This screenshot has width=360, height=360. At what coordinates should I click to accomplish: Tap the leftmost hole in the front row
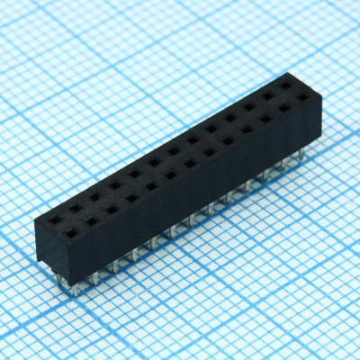click(70, 232)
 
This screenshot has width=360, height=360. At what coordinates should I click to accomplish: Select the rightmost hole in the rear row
click(285, 85)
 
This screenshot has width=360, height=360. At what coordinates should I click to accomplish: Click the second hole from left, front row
click(91, 220)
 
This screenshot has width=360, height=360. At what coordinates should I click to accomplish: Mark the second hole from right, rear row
click(267, 96)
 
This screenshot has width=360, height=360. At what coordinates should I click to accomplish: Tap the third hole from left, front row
click(112, 209)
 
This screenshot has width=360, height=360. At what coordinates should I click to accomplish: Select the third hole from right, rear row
click(248, 106)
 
